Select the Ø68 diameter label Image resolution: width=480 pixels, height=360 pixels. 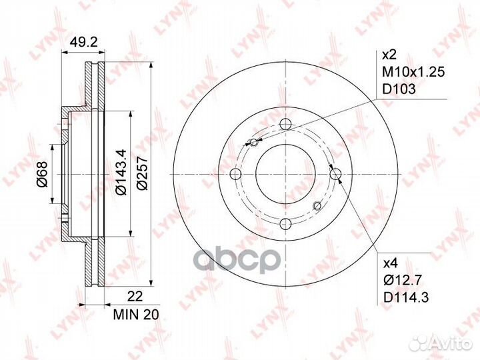(41, 175)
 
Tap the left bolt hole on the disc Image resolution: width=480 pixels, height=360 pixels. (235, 174)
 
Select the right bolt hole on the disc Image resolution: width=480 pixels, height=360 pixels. (335, 174)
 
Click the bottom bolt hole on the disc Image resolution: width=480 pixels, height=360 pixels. (285, 224)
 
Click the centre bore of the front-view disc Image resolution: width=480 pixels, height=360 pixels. (285, 174)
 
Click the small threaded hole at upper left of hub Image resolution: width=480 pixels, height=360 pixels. (251, 141)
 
